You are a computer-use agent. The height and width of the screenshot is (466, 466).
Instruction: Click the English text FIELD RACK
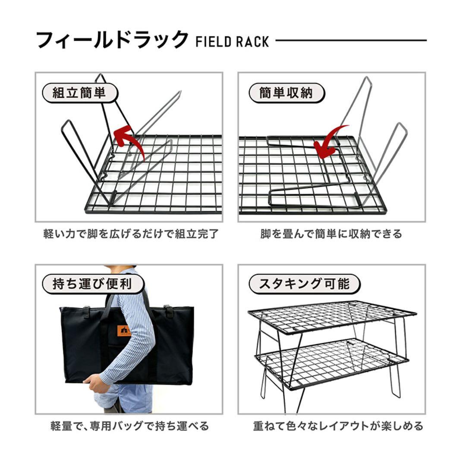tap(232, 42)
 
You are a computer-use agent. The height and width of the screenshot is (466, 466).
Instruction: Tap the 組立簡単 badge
tap(79, 93)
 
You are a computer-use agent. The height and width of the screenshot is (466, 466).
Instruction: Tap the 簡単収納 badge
tap(286, 93)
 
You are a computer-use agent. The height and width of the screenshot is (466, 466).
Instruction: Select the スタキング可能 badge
tap(305, 284)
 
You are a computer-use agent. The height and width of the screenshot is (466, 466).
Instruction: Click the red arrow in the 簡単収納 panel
tap(330, 142)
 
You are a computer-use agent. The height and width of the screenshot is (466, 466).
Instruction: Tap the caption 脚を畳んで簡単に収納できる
tap(331, 234)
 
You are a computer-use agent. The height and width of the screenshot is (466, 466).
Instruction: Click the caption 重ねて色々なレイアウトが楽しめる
tap(338, 426)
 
